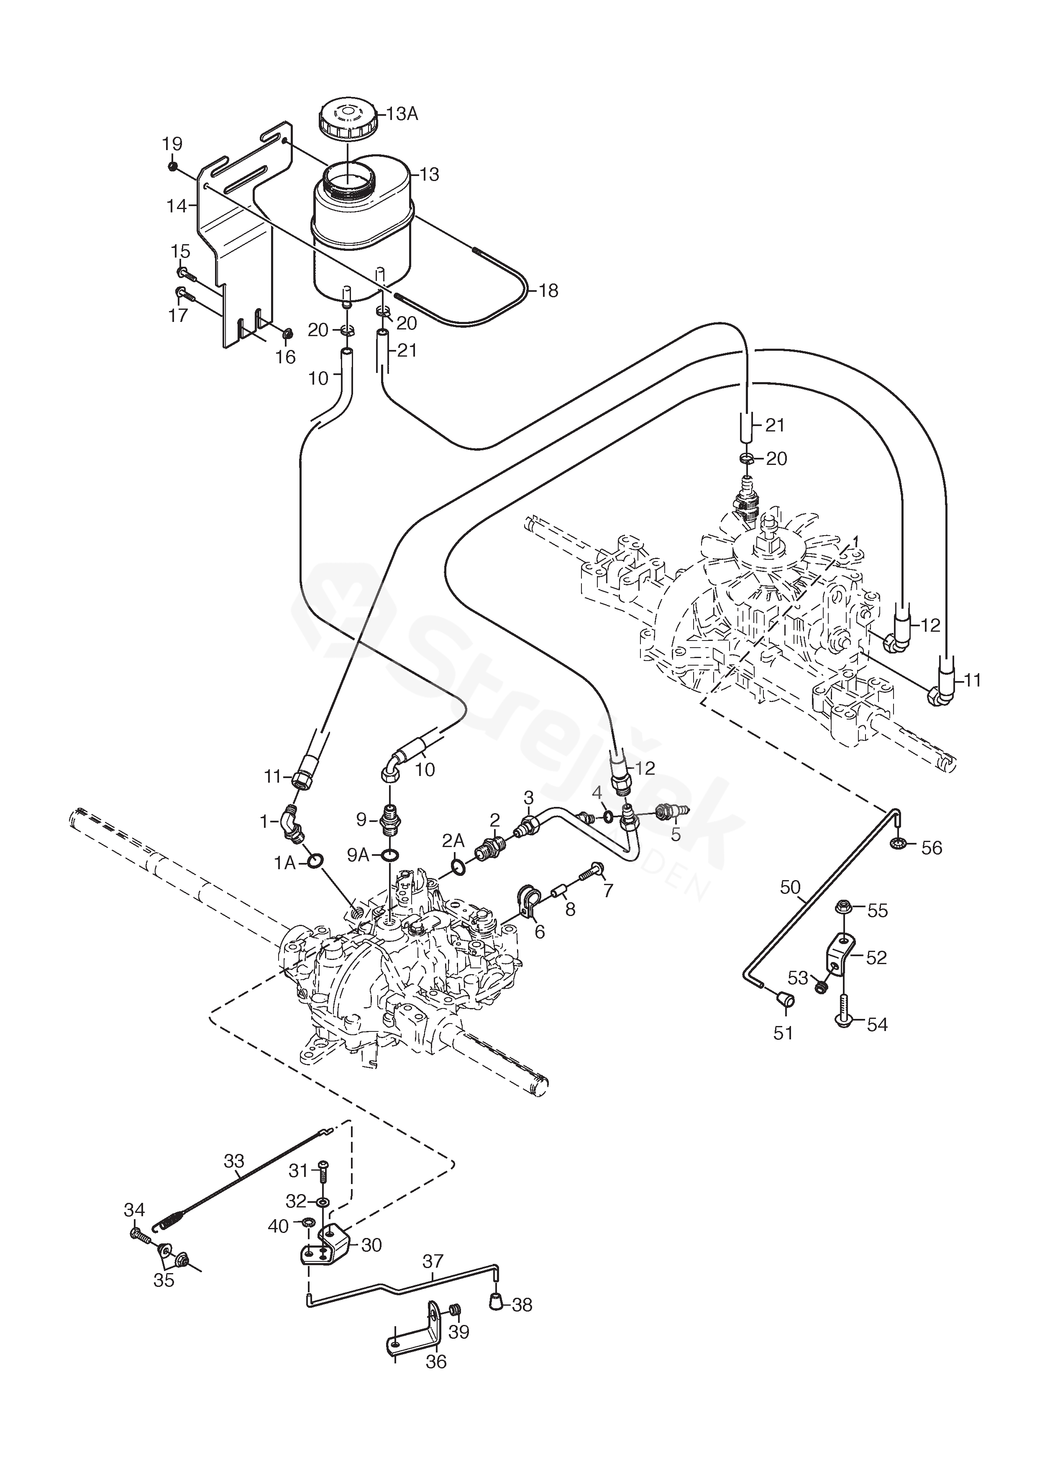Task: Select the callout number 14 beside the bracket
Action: click(x=176, y=206)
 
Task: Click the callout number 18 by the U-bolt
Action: click(x=548, y=291)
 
